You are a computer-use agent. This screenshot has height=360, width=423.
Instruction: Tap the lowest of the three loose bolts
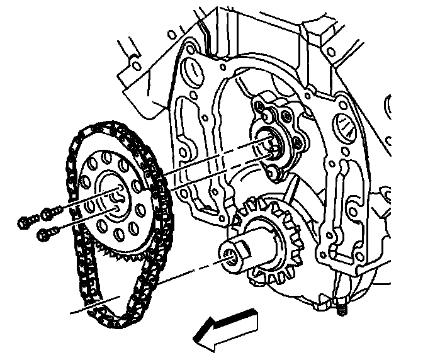pos(44,234)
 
